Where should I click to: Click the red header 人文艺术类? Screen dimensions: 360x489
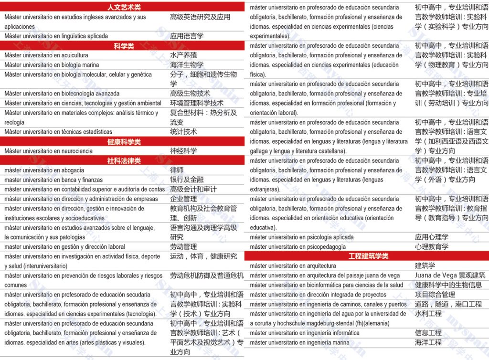coord(124,7)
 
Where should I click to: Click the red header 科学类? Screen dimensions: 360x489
coord(124,46)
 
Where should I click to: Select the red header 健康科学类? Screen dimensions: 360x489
coord(124,142)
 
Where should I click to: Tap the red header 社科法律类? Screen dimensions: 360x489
coord(124,161)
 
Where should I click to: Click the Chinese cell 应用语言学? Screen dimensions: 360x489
coord(187,36)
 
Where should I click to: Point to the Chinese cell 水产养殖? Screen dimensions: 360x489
coord(183,55)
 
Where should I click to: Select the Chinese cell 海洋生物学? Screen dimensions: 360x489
coord(187,65)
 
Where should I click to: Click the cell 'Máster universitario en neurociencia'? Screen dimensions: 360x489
coord(48,151)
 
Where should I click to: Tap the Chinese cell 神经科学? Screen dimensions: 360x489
coord(183,151)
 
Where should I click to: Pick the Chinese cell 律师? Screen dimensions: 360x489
coord(177,170)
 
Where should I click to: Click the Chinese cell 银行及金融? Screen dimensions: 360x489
coord(187,180)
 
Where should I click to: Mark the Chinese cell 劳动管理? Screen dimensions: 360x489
coord(183,247)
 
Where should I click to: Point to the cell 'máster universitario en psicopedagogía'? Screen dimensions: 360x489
coord(298,247)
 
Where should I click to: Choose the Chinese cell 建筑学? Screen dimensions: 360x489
coord(425,266)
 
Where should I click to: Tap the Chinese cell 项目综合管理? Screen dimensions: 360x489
coord(435,295)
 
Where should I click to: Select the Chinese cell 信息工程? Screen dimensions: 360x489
coord(428,333)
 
